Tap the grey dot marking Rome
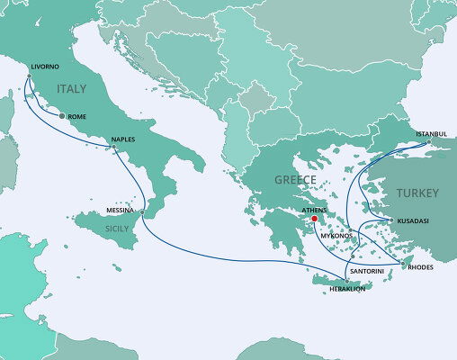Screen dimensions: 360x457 click(x=61, y=116)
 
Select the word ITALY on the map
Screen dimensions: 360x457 click(x=74, y=89)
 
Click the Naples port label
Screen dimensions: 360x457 click(x=123, y=139)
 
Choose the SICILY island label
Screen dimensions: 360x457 click(x=117, y=229)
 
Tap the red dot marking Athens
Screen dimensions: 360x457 click(x=314, y=219)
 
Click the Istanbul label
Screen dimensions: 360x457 click(x=431, y=133)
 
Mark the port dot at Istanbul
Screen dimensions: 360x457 click(x=429, y=142)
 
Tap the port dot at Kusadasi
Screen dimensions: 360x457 click(x=389, y=220)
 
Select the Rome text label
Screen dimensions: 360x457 click(x=76, y=116)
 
